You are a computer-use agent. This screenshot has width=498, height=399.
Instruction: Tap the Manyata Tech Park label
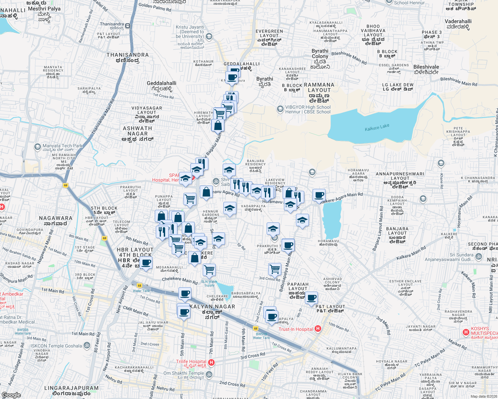(x=63, y=146)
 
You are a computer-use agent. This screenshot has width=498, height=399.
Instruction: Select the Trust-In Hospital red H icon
(x=318, y=329)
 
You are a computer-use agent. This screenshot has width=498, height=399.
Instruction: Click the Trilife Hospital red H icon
(x=211, y=362)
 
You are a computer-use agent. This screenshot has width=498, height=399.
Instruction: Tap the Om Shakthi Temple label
(x=184, y=373)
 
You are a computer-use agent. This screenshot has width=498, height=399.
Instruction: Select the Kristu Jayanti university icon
(x=209, y=36)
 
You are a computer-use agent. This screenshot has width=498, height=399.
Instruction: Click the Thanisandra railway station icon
(x=128, y=26)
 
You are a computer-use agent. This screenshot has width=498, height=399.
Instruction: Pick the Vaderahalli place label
(x=458, y=21)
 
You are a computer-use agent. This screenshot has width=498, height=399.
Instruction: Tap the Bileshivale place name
(x=426, y=67)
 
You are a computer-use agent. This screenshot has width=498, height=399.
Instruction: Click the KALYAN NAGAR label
(x=212, y=307)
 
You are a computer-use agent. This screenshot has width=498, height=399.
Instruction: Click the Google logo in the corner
(x=11, y=395)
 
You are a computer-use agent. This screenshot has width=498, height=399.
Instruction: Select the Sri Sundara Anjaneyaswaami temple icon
(x=478, y=256)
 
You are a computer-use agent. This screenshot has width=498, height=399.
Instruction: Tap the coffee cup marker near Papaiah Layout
(x=311, y=298)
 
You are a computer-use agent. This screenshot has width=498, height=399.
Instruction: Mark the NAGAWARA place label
(x=56, y=218)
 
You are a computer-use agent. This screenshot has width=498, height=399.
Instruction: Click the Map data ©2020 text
(x=483, y=396)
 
